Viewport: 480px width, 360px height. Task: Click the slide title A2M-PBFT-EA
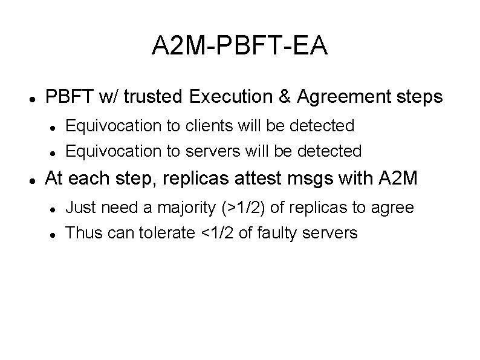(240, 47)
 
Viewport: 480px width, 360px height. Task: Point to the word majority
(184, 208)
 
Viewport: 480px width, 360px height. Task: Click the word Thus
(81, 232)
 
